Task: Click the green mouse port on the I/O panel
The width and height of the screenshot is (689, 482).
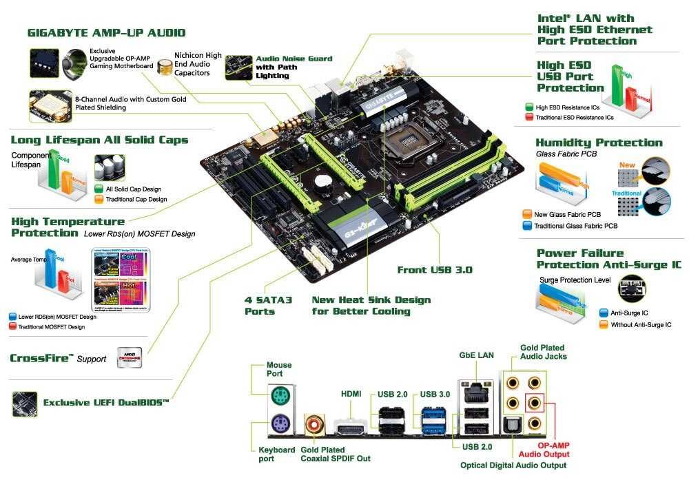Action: [280, 396]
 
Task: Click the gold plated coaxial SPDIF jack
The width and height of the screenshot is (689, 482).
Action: [316, 424]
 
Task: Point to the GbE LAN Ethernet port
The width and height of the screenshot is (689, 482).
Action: [473, 393]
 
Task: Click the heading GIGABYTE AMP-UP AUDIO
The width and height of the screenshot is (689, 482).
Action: [106, 32]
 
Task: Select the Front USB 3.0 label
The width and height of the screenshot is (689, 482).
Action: [435, 270]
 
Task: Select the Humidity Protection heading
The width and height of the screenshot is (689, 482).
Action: [599, 143]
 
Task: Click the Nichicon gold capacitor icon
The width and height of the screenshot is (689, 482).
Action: [165, 66]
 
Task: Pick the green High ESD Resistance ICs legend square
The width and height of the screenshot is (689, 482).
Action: [528, 107]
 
